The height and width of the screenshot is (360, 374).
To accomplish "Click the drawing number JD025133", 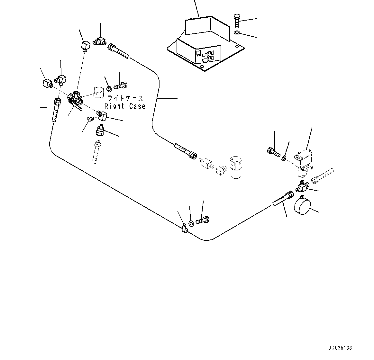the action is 340,348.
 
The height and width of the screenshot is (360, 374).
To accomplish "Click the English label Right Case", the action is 125,106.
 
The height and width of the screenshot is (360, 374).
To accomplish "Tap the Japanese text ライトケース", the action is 125,98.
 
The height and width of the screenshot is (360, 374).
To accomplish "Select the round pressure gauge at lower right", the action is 302,205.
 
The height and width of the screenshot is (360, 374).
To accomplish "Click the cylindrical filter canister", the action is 236,167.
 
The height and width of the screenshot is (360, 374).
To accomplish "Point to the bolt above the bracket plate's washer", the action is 237,21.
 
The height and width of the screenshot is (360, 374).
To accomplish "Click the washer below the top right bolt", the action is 237,33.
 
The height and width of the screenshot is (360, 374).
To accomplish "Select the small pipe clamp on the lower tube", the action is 184,228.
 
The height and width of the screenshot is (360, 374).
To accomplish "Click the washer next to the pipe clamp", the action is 191,224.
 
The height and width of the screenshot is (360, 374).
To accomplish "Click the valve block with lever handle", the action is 75,100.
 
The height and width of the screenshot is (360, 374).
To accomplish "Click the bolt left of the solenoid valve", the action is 273,152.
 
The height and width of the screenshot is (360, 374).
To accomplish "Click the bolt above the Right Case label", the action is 121,85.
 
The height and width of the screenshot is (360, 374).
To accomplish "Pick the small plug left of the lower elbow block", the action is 90,119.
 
